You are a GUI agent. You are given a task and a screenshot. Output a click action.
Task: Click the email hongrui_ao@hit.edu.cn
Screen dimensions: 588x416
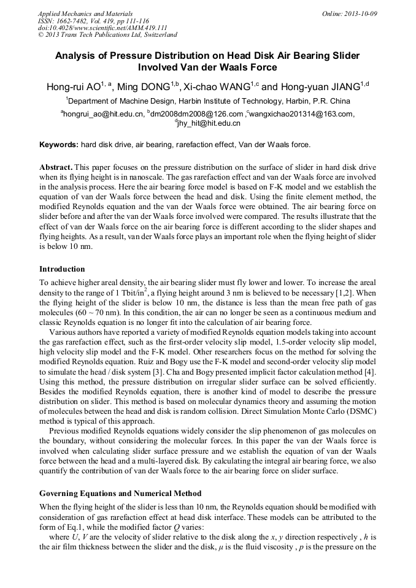[x=103, y=114]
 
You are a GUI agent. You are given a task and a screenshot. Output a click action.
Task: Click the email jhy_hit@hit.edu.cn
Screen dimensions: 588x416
[x=209, y=123]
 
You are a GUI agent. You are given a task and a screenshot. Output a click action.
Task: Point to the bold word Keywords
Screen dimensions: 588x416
[x=58, y=145]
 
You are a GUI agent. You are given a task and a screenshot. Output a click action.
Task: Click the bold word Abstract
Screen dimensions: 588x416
[x=56, y=167]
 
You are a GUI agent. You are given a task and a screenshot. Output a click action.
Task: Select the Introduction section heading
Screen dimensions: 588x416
[x=62, y=269]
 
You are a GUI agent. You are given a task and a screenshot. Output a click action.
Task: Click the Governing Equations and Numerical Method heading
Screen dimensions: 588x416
[x=120, y=493]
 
